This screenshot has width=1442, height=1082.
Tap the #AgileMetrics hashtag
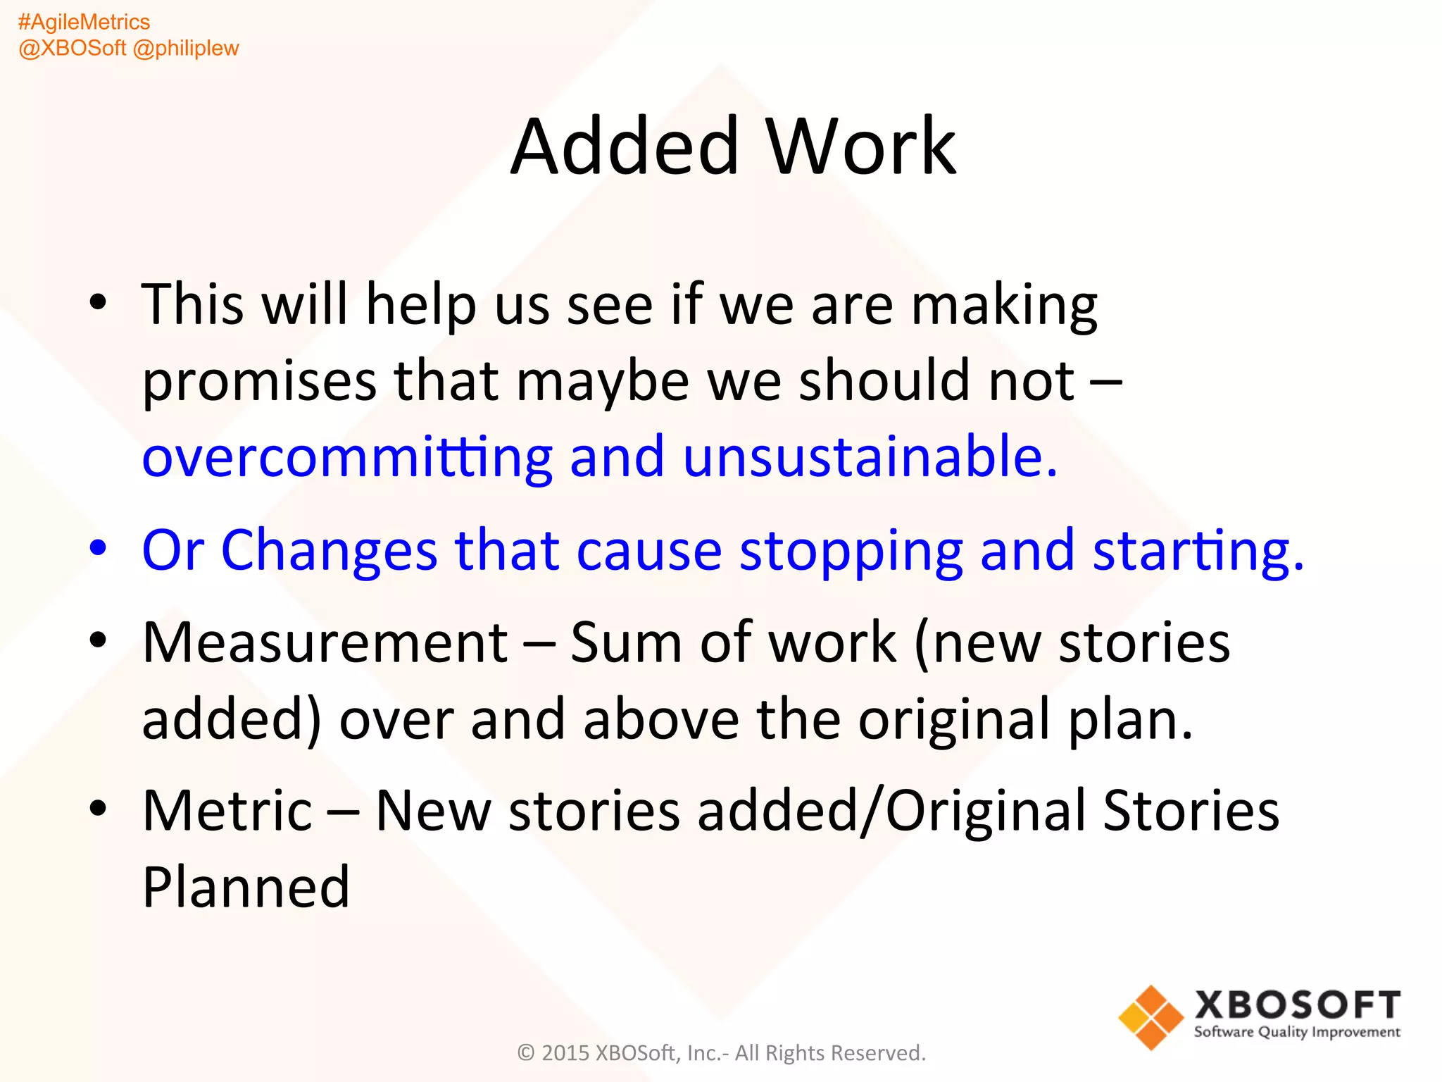point(84,22)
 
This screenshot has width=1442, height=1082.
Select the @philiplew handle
point(186,48)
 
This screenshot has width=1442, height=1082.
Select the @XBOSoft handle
point(72,48)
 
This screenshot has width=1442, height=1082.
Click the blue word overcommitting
point(347,456)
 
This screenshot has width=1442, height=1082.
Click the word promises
point(259,382)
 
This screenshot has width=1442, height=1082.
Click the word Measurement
point(325,642)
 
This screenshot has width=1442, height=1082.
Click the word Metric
point(227,811)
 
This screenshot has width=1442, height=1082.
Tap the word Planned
point(246,888)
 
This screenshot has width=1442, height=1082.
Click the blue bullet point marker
point(98,548)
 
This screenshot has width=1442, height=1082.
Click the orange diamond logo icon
point(1151,1017)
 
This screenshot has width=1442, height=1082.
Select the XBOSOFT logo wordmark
point(1297,1005)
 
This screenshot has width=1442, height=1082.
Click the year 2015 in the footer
point(565,1053)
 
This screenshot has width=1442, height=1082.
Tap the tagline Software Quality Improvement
point(1297,1033)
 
